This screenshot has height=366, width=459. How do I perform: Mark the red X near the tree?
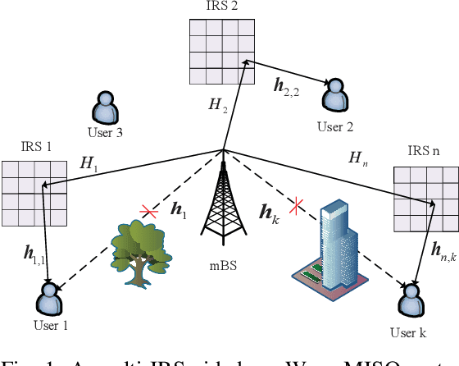tap(148, 212)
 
